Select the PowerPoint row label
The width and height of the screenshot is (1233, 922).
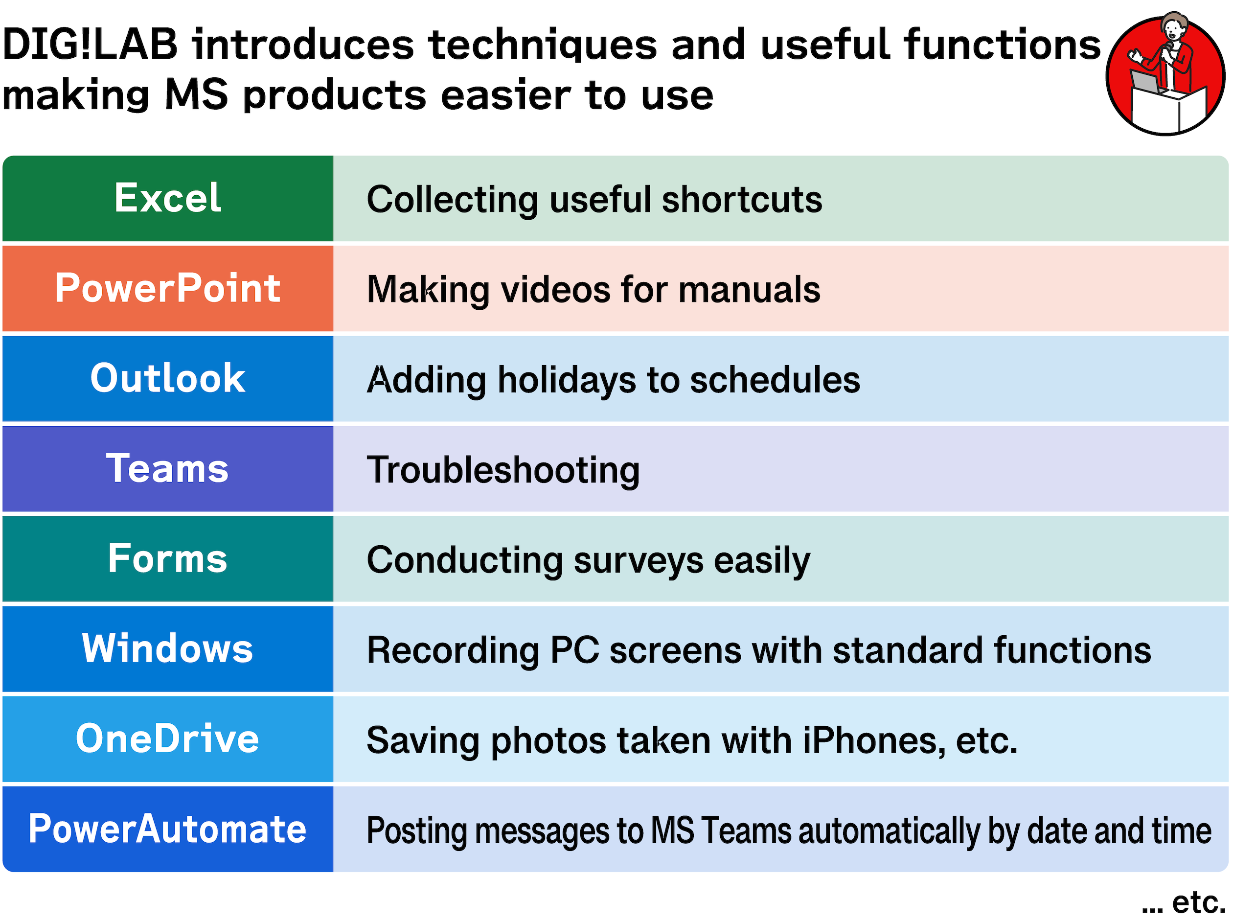168,288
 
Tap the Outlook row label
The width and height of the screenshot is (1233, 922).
168,378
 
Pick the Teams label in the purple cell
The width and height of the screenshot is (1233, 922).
168,468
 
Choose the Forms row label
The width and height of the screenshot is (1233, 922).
168,558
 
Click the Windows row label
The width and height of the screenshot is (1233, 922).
168,648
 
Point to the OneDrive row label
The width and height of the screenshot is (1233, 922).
168,738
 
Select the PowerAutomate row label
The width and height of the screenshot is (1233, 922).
168,829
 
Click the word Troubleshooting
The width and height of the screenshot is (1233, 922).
503,470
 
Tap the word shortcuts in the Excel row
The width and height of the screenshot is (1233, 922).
742,200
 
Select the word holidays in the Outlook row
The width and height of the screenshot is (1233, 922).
567,380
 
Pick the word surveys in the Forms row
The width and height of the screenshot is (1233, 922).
639,560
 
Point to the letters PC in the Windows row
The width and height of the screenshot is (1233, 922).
575,650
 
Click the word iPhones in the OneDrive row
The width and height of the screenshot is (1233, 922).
874,741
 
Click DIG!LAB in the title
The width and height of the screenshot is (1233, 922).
91,45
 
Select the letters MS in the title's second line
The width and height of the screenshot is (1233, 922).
197,95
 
